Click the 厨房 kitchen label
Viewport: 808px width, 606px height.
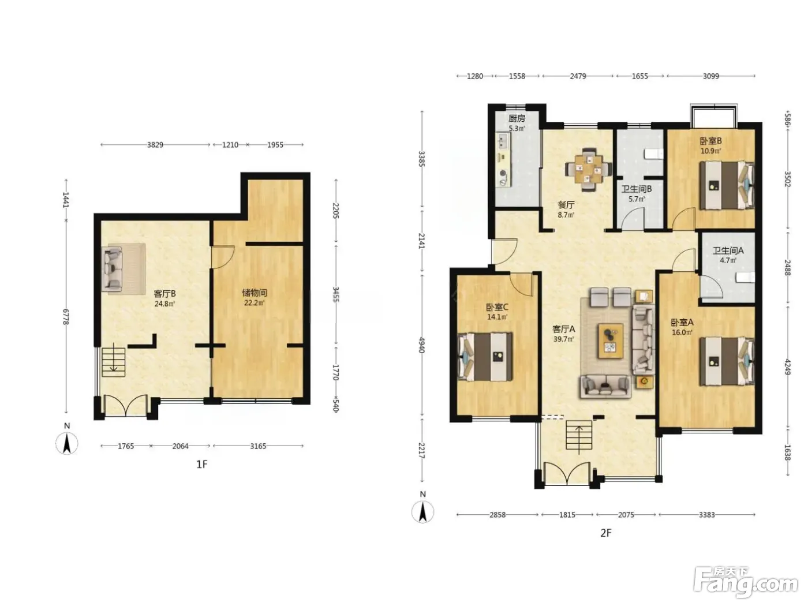point(517,118)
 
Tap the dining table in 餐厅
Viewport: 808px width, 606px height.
point(588,170)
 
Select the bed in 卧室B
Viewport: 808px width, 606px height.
point(727,185)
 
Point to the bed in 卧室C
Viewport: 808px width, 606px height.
point(485,357)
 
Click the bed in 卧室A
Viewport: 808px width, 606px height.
point(727,361)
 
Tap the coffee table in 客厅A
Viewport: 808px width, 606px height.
point(610,341)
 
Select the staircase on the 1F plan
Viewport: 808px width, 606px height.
point(113,359)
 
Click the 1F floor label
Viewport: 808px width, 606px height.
point(202,465)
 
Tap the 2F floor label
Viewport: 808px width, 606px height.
point(606,533)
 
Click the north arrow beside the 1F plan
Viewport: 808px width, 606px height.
point(66,443)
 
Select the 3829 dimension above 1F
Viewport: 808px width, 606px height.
point(155,145)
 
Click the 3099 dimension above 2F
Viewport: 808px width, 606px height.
point(711,76)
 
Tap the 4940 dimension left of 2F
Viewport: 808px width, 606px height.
point(422,344)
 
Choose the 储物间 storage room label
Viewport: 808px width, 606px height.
point(255,293)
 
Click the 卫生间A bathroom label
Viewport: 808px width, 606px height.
point(728,250)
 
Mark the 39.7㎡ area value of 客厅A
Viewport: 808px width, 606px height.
point(563,339)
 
